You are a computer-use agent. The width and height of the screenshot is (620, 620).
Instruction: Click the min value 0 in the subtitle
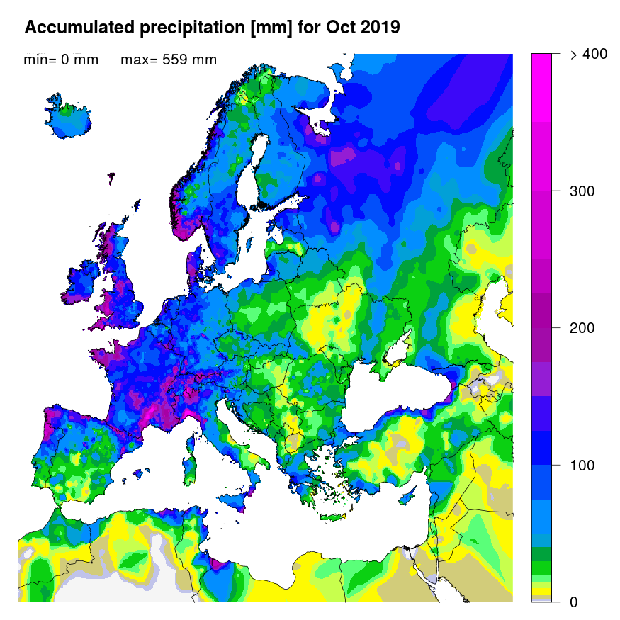(64, 60)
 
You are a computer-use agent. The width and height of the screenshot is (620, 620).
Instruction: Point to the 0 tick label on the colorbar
(573, 602)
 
